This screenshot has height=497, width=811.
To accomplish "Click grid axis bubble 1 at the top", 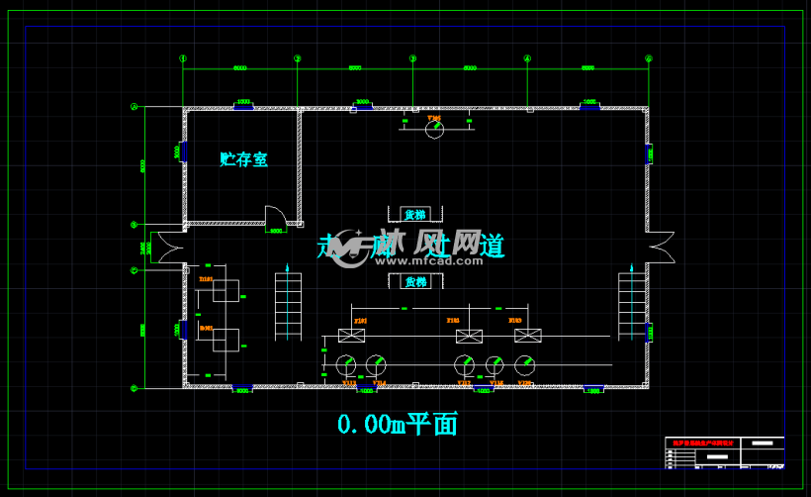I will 183,58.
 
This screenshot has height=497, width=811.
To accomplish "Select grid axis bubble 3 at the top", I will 413,58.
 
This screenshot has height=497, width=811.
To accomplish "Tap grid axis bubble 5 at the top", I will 649,58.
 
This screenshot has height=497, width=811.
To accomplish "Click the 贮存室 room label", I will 243,158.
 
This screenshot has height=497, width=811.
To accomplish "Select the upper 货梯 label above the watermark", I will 415,215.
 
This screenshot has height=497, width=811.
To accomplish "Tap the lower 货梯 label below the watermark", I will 415,281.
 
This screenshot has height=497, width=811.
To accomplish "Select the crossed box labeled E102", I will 468,336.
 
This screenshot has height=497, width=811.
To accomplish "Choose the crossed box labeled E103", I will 527,336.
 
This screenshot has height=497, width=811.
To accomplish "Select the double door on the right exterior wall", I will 661,248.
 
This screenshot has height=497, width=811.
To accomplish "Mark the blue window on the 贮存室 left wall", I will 183,152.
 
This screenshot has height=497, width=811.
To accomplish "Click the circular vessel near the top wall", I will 434,129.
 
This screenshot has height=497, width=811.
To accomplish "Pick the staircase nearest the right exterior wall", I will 631,307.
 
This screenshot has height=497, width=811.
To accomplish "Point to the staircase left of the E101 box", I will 289,307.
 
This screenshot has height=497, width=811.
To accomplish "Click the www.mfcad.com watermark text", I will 416,261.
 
